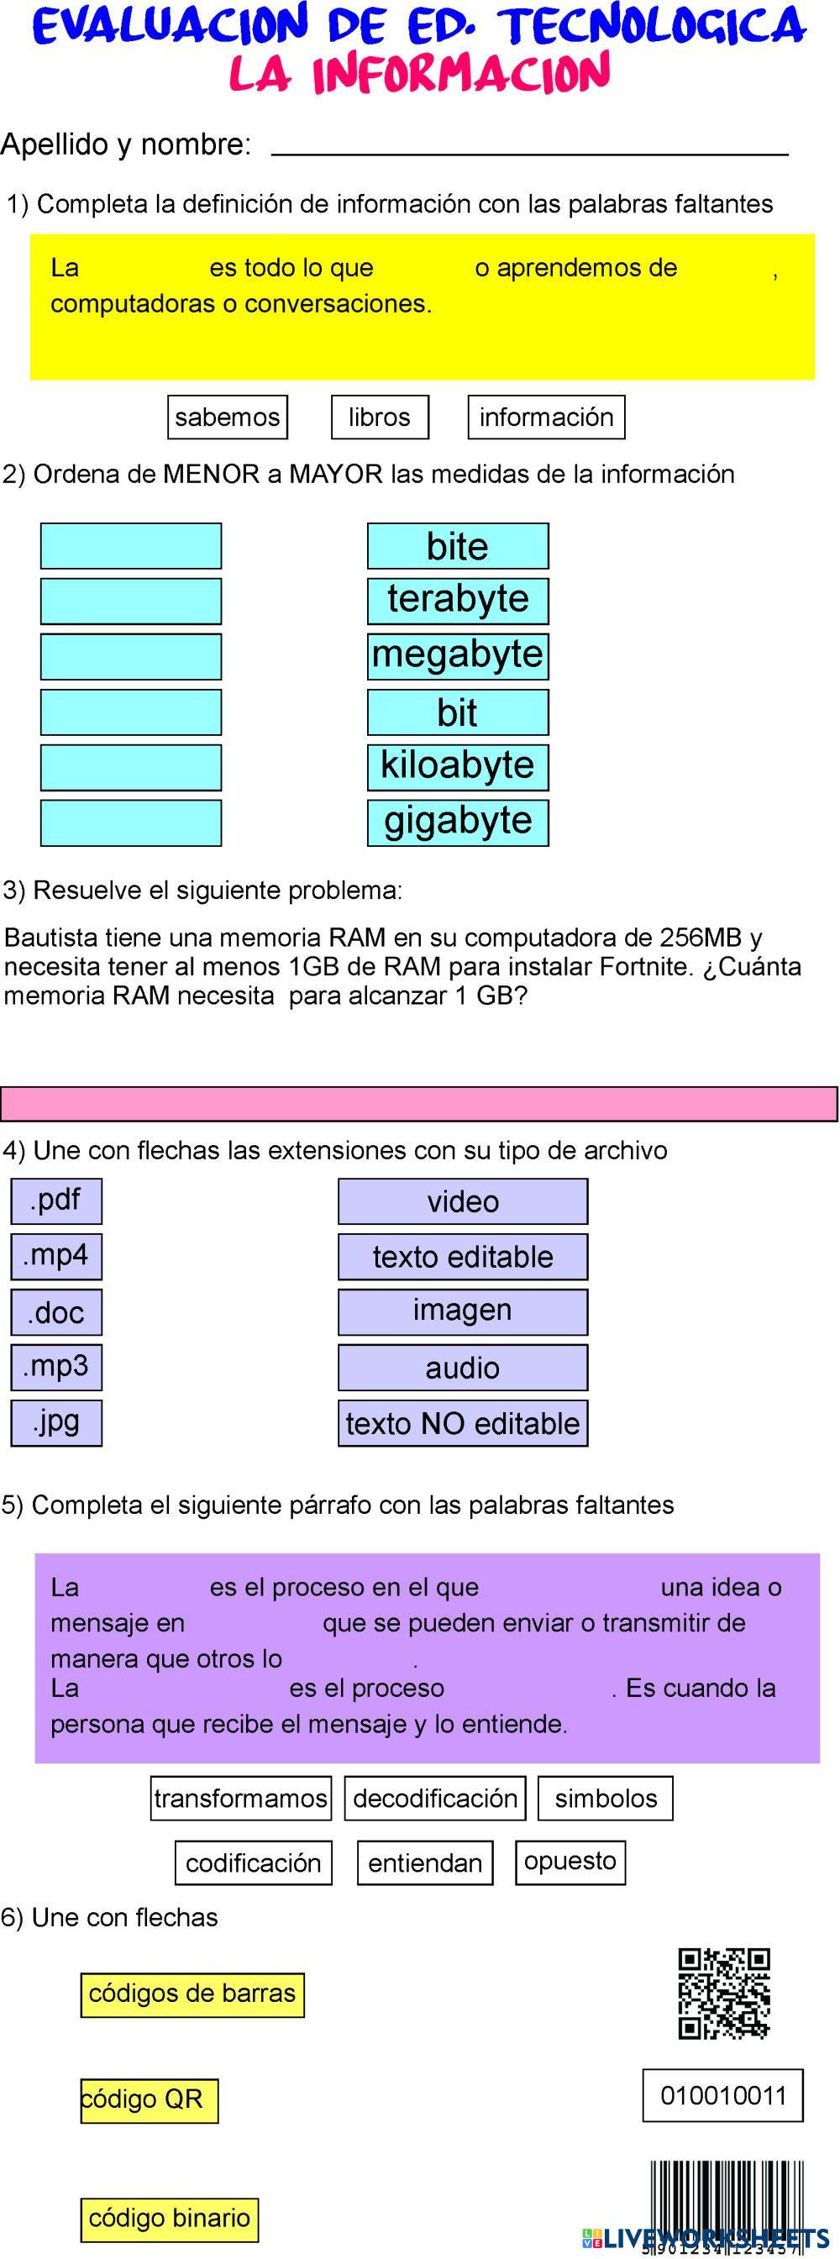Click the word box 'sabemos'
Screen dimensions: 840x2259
[x=227, y=417]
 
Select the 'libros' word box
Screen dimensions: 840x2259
[x=380, y=417]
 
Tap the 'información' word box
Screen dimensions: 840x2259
[x=546, y=417]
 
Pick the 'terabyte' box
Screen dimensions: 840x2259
[x=458, y=600]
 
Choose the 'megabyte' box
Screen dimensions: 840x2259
[x=458, y=655]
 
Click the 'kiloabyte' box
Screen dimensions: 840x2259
[x=458, y=765]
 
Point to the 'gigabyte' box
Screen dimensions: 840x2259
[x=458, y=822]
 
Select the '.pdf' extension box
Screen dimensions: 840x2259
[x=56, y=1200]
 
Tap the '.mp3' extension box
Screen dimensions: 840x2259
[x=56, y=1366]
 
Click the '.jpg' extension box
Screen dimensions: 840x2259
[x=56, y=1421]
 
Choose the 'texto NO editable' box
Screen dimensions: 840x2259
[x=463, y=1422]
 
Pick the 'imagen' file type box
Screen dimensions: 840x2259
[x=463, y=1311]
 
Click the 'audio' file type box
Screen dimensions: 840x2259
[x=463, y=1367]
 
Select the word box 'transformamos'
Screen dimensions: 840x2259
[x=240, y=1798]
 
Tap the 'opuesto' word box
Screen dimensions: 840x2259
[x=570, y=1861]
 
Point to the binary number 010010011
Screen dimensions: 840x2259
[x=723, y=2095]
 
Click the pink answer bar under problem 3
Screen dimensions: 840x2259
[x=419, y=1103]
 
